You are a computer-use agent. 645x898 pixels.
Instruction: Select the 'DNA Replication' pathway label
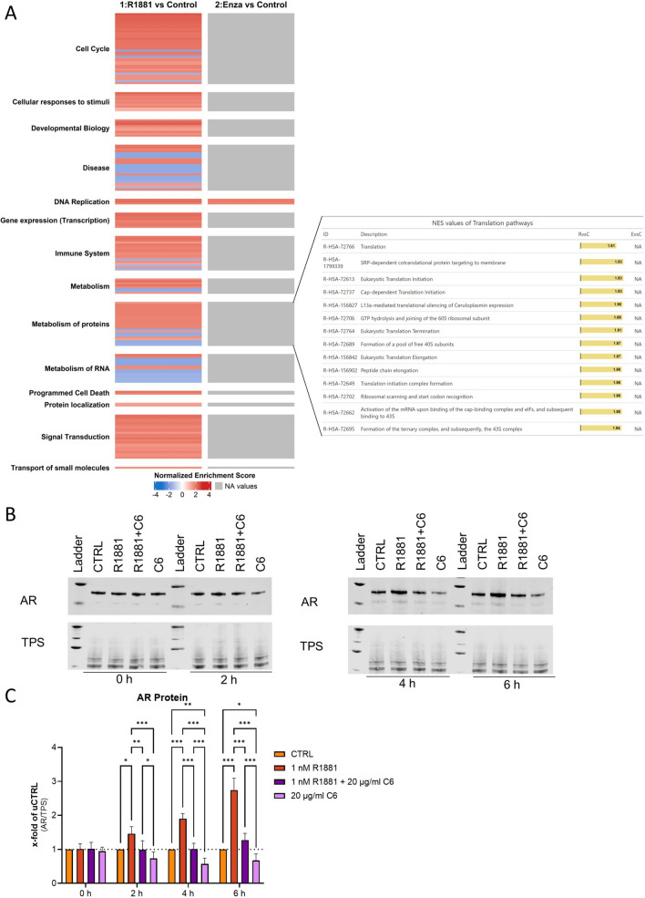77,201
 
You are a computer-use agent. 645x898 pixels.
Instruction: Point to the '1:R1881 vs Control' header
157,5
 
